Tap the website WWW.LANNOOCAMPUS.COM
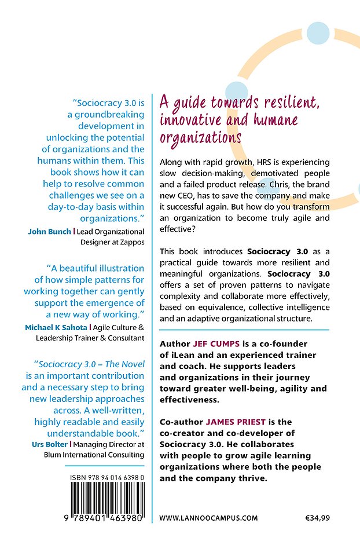[208, 518]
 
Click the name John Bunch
[49, 231]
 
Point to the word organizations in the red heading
[200, 138]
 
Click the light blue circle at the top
[317, 32]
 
